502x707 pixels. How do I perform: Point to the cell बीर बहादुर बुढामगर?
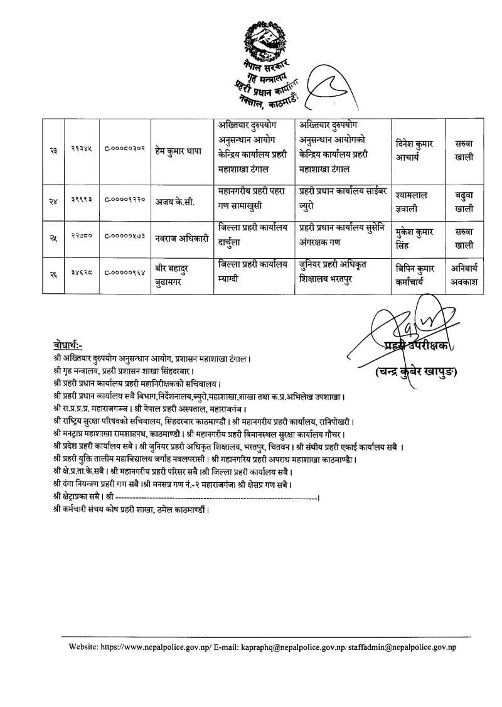point(175,275)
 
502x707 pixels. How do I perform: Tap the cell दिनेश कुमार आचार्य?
point(417,150)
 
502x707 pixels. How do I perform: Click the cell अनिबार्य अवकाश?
point(464,275)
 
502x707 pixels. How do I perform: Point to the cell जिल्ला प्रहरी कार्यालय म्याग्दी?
point(252,275)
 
